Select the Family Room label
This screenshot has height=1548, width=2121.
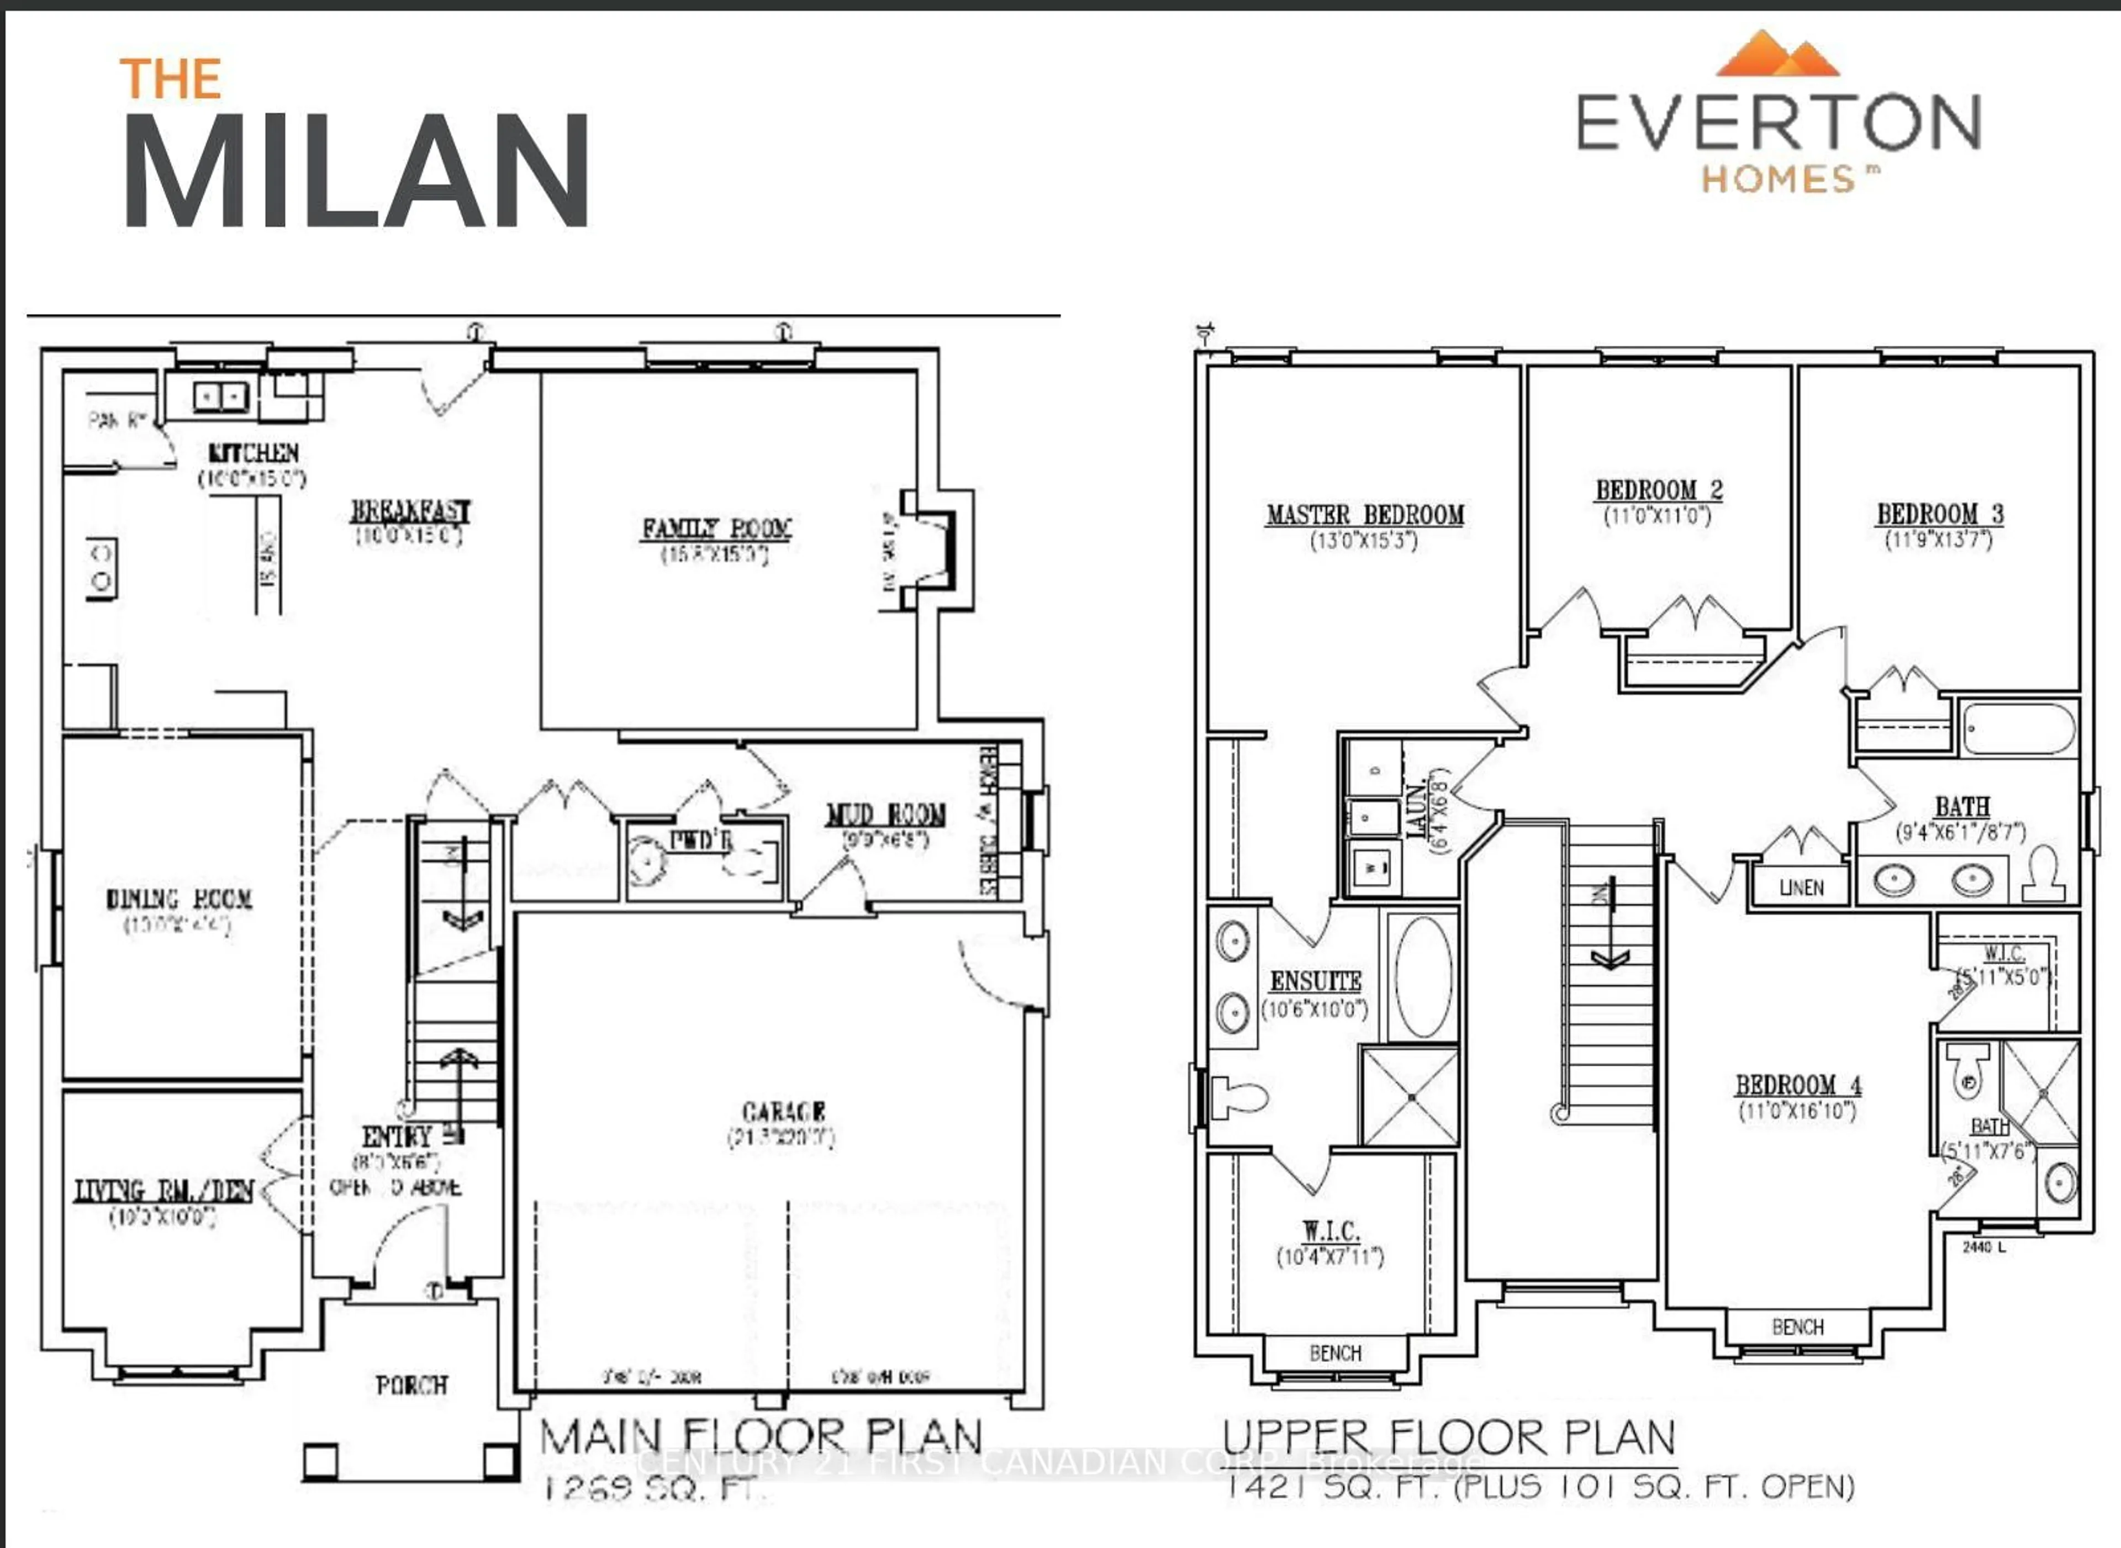pyautogui.click(x=716, y=529)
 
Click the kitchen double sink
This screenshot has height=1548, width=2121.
pyautogui.click(x=221, y=397)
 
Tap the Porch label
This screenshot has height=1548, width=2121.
pyautogui.click(x=411, y=1385)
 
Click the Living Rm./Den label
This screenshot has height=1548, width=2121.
pyautogui.click(x=164, y=1191)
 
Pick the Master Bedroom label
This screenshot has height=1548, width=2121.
pyautogui.click(x=1365, y=515)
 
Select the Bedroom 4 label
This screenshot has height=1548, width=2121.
pyautogui.click(x=1798, y=1085)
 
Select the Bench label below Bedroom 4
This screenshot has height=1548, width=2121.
pyautogui.click(x=1798, y=1327)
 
